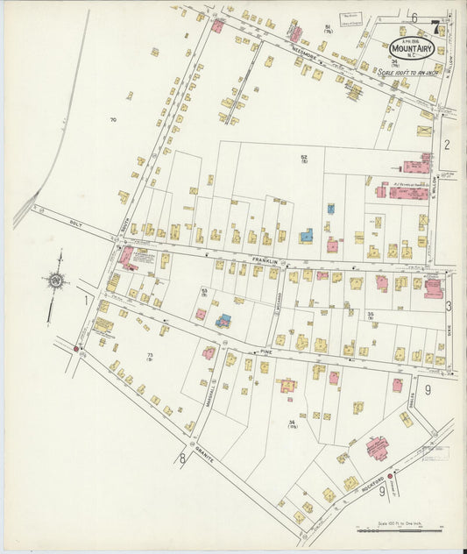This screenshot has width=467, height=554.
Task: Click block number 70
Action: click(x=113, y=119)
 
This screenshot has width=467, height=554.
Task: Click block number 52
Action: click(x=304, y=158)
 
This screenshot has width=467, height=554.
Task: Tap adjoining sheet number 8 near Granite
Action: click(x=182, y=458)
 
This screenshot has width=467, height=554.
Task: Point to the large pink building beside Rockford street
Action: click(x=380, y=449)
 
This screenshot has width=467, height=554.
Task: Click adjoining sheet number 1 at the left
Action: click(x=86, y=301)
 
